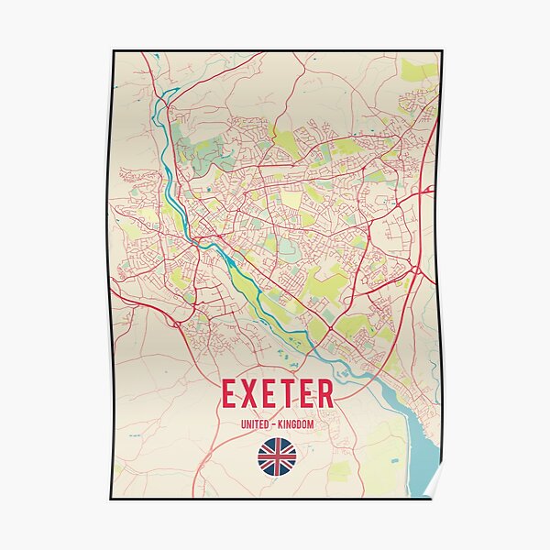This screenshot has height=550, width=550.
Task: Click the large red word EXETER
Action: pos(276,392)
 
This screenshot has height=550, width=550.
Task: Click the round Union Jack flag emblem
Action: pos(276,456)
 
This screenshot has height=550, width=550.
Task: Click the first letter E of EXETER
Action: pos(230,392)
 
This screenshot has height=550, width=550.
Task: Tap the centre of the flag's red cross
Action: pos(276,456)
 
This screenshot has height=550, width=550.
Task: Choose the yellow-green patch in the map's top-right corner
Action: pos(419,70)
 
